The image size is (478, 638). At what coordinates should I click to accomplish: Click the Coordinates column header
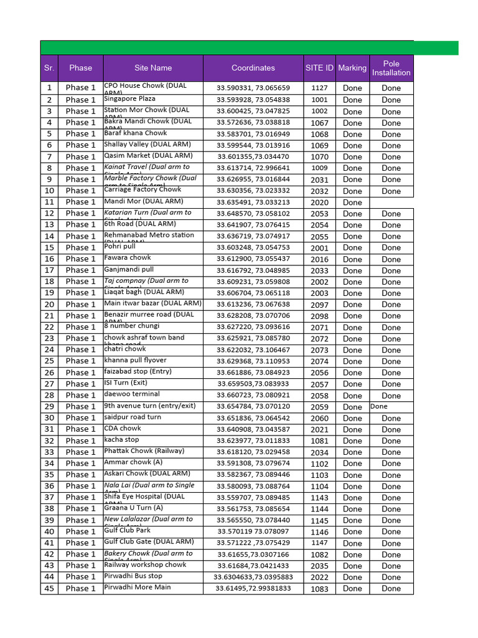[253, 68]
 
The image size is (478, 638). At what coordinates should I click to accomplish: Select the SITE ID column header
[319, 68]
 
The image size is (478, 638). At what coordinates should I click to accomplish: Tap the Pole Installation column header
[391, 68]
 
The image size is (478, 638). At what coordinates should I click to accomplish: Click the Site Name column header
[152, 68]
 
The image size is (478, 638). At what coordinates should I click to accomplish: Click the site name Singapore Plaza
[130, 98]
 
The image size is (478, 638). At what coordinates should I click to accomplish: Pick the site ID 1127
[319, 88]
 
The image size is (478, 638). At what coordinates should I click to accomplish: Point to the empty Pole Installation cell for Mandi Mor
[391, 202]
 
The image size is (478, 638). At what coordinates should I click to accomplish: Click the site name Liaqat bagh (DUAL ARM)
[144, 292]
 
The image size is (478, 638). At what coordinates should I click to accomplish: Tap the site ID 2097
[319, 305]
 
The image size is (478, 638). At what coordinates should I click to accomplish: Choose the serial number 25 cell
[49, 361]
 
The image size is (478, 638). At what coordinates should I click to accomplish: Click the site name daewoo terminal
[132, 394]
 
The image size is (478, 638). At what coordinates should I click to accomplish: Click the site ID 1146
[319, 532]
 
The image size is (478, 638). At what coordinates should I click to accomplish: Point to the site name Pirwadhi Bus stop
[133, 576]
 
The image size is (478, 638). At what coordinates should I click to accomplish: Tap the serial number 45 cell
[49, 588]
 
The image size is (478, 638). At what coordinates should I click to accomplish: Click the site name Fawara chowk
[128, 257]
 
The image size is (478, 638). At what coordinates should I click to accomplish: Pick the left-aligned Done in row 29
[378, 406]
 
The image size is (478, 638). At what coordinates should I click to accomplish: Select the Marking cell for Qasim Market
[352, 157]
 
